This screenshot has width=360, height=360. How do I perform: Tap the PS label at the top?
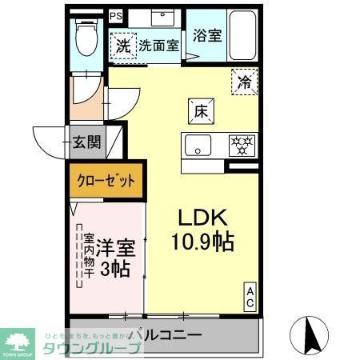(116, 14)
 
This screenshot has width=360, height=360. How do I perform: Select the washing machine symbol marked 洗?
(124, 46)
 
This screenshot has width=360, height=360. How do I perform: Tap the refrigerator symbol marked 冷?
(244, 81)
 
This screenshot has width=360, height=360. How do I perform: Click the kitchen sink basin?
(198, 145)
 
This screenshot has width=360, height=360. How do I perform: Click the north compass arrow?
(313, 333)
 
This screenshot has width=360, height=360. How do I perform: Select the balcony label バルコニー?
(170, 335)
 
